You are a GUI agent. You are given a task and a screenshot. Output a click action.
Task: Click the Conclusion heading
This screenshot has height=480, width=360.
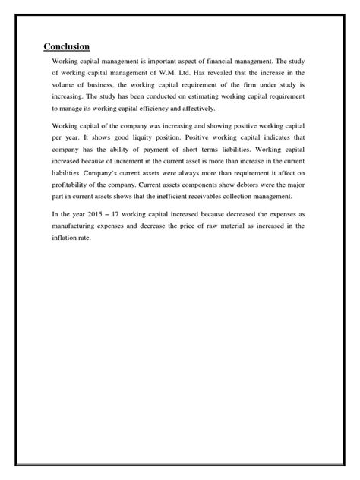pyautogui.click(x=66, y=46)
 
